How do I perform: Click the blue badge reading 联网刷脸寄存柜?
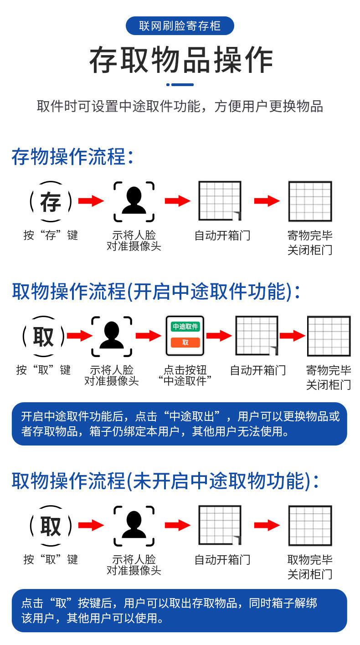pos(180,26)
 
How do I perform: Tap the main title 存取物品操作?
pos(181,60)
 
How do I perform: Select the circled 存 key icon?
pos(51,202)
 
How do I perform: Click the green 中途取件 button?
pos(185,327)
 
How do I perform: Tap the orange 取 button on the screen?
pos(185,343)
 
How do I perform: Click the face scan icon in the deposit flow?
pos(134,201)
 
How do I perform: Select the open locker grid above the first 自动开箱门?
pos(220,201)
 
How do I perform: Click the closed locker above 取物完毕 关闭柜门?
pos(310,525)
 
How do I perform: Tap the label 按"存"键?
pos(51,235)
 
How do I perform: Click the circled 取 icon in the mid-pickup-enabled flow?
pos(44,336)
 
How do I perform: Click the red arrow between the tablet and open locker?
pos(219,336)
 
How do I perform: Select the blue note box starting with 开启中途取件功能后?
pos(180,424)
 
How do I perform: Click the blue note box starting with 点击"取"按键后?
pos(180,611)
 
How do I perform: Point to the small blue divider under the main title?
pos(180,85)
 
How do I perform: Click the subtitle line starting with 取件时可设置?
pos(180,107)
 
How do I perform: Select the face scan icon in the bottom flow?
pos(134,525)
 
